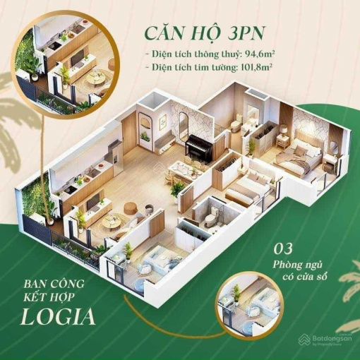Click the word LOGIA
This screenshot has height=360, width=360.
tap(58, 318)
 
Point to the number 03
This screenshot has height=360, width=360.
tap(283, 249)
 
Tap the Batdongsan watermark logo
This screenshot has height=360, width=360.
tap(325, 340)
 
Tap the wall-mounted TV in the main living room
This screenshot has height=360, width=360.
tap(93, 203)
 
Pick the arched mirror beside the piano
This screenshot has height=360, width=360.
tap(183, 125)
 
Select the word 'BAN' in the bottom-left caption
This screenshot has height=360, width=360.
tap(32, 284)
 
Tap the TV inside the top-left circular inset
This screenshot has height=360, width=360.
tap(78, 58)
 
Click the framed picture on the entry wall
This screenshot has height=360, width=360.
tap(163, 121)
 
